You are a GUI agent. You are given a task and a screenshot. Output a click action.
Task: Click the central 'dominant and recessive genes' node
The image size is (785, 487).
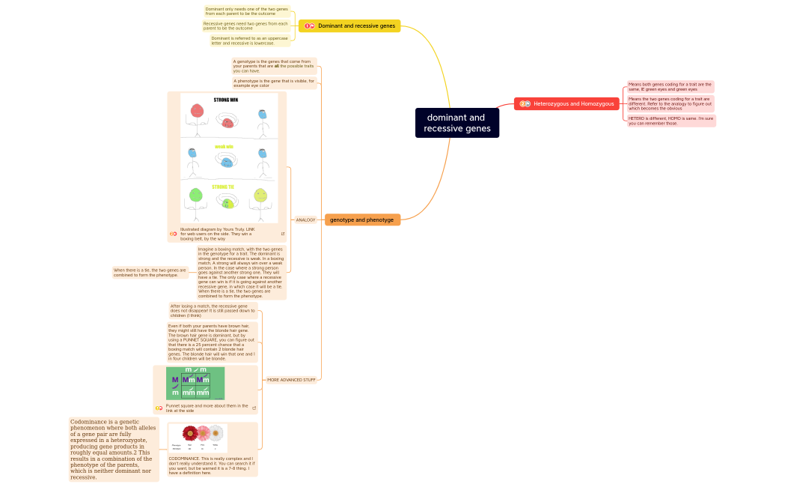click(457, 123)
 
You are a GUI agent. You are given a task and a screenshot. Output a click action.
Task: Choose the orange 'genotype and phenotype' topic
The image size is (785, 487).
click(363, 220)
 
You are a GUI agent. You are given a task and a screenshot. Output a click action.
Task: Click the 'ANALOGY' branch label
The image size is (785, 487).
click(305, 220)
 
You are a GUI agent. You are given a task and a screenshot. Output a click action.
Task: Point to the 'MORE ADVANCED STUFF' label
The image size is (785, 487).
click(291, 380)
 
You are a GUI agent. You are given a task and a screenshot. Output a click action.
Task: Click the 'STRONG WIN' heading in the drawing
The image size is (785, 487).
click(225, 100)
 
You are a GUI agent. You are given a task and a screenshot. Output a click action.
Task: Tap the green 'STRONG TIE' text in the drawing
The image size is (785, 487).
click(222, 187)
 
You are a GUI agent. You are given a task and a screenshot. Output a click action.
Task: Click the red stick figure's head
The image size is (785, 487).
click(198, 111)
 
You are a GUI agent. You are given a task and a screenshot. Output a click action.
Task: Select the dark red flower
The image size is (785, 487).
click(190, 433)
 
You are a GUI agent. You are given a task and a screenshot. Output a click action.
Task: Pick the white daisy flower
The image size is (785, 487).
click(216, 432)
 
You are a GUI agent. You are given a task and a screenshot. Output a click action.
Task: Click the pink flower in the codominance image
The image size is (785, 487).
click(203, 433)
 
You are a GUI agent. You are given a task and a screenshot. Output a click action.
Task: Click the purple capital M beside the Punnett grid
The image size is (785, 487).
click(175, 380)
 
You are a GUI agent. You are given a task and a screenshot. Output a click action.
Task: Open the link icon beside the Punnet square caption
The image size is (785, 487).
click(254, 408)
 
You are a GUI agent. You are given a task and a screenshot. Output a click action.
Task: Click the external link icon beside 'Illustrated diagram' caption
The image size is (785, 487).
click(282, 234)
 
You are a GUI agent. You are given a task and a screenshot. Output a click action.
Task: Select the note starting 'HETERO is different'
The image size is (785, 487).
click(671, 121)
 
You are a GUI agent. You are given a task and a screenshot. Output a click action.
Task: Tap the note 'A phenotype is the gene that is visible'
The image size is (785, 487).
click(274, 83)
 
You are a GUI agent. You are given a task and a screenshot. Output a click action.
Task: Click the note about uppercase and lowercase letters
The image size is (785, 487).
click(250, 40)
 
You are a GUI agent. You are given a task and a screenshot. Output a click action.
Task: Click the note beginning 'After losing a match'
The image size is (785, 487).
click(213, 310)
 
